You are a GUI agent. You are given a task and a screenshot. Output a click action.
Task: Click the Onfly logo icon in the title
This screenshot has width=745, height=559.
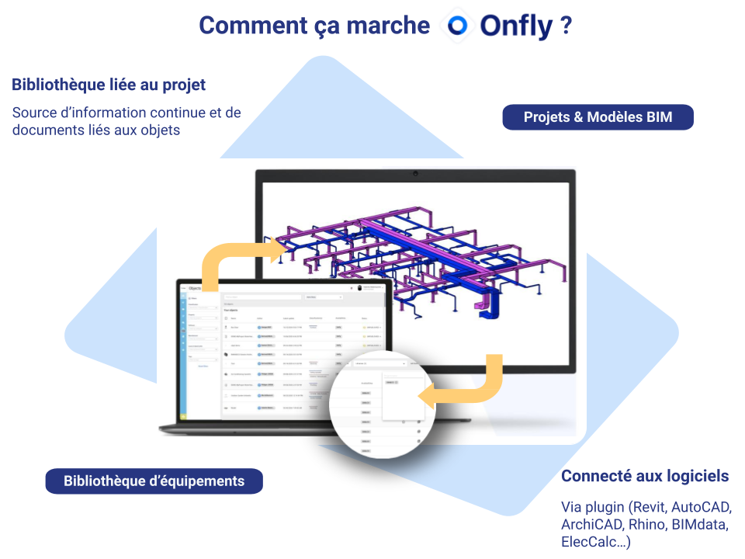point(458,26)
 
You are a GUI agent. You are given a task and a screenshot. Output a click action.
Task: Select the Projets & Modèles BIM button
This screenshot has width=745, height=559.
point(598,117)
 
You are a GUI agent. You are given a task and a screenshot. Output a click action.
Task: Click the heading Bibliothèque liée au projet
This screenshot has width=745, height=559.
point(109,85)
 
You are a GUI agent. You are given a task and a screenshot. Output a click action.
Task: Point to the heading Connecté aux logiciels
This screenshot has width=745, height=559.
point(645,476)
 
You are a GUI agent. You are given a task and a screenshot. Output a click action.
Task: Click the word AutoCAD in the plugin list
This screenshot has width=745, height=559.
point(702,508)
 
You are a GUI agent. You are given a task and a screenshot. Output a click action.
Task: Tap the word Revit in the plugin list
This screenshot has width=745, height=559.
point(649,508)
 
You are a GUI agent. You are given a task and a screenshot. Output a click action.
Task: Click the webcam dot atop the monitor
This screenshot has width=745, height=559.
point(417,172)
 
